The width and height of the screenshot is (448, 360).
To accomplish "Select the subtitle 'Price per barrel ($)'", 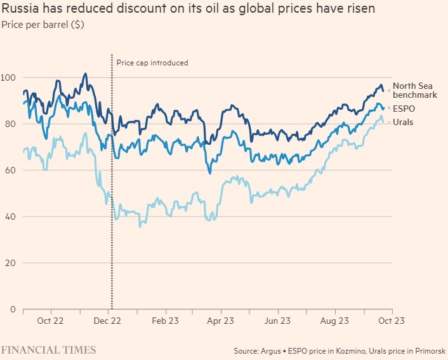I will coord(43,25).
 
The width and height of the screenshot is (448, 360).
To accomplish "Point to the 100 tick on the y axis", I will coord(9,77).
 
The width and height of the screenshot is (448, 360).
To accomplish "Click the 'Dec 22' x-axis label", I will coord(108,321).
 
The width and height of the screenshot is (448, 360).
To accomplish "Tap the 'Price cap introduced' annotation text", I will coord(152,63).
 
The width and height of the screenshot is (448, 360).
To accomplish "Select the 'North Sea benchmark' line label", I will coord(415,90).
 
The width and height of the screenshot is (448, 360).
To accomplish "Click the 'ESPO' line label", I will coord(404,109).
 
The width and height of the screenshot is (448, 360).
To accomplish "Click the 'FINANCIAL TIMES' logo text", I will coord(48,350).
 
